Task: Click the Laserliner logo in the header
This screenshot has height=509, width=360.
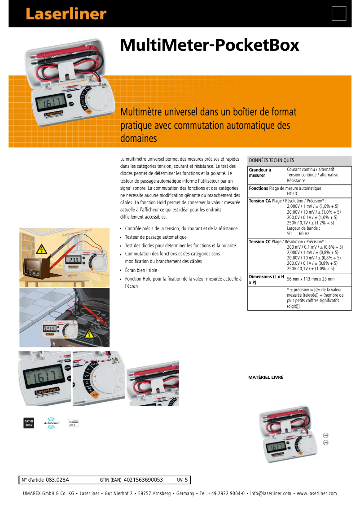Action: [66, 14]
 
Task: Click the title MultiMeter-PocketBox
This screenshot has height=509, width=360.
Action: [209, 45]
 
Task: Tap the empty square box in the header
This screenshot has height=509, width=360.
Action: [339, 13]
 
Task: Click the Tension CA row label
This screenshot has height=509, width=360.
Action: [260, 201]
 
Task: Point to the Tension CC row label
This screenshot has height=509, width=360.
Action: [260, 241]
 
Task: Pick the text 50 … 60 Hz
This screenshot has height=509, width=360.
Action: [299, 234]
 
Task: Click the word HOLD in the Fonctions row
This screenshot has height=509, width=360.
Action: [292, 194]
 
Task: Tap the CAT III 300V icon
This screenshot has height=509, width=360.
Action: [29, 423]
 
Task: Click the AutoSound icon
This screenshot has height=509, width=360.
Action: [52, 423]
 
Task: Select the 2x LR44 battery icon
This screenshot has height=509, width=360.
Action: [73, 423]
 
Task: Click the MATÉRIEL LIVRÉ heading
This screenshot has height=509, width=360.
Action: [266, 377]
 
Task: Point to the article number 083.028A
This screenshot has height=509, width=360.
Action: [57, 480]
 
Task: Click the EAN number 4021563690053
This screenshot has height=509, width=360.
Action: [143, 480]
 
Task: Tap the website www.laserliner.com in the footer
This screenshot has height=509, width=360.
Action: [316, 494]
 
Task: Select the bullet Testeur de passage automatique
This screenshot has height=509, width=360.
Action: [155, 237]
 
